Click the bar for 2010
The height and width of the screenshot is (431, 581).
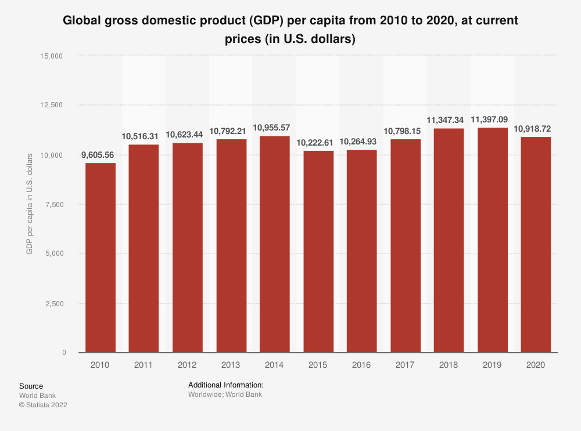click(x=101, y=258)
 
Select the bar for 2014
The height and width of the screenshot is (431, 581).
click(x=275, y=244)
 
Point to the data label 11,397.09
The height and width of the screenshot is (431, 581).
click(x=493, y=119)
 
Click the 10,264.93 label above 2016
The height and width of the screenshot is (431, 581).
click(x=362, y=142)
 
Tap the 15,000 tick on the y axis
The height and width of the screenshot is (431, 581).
click(x=51, y=56)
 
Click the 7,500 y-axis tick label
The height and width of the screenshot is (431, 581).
click(x=53, y=204)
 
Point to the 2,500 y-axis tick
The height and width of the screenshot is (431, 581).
click(x=53, y=303)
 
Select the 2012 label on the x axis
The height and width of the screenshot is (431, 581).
click(x=188, y=365)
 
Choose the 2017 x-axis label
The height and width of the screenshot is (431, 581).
click(x=406, y=365)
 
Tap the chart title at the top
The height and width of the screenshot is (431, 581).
click(x=290, y=30)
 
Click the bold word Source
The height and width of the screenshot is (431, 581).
click(x=31, y=386)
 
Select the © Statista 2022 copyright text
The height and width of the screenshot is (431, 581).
click(x=43, y=405)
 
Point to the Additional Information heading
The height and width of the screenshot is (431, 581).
click(x=226, y=385)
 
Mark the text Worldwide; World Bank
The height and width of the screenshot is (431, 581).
click(x=225, y=394)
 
